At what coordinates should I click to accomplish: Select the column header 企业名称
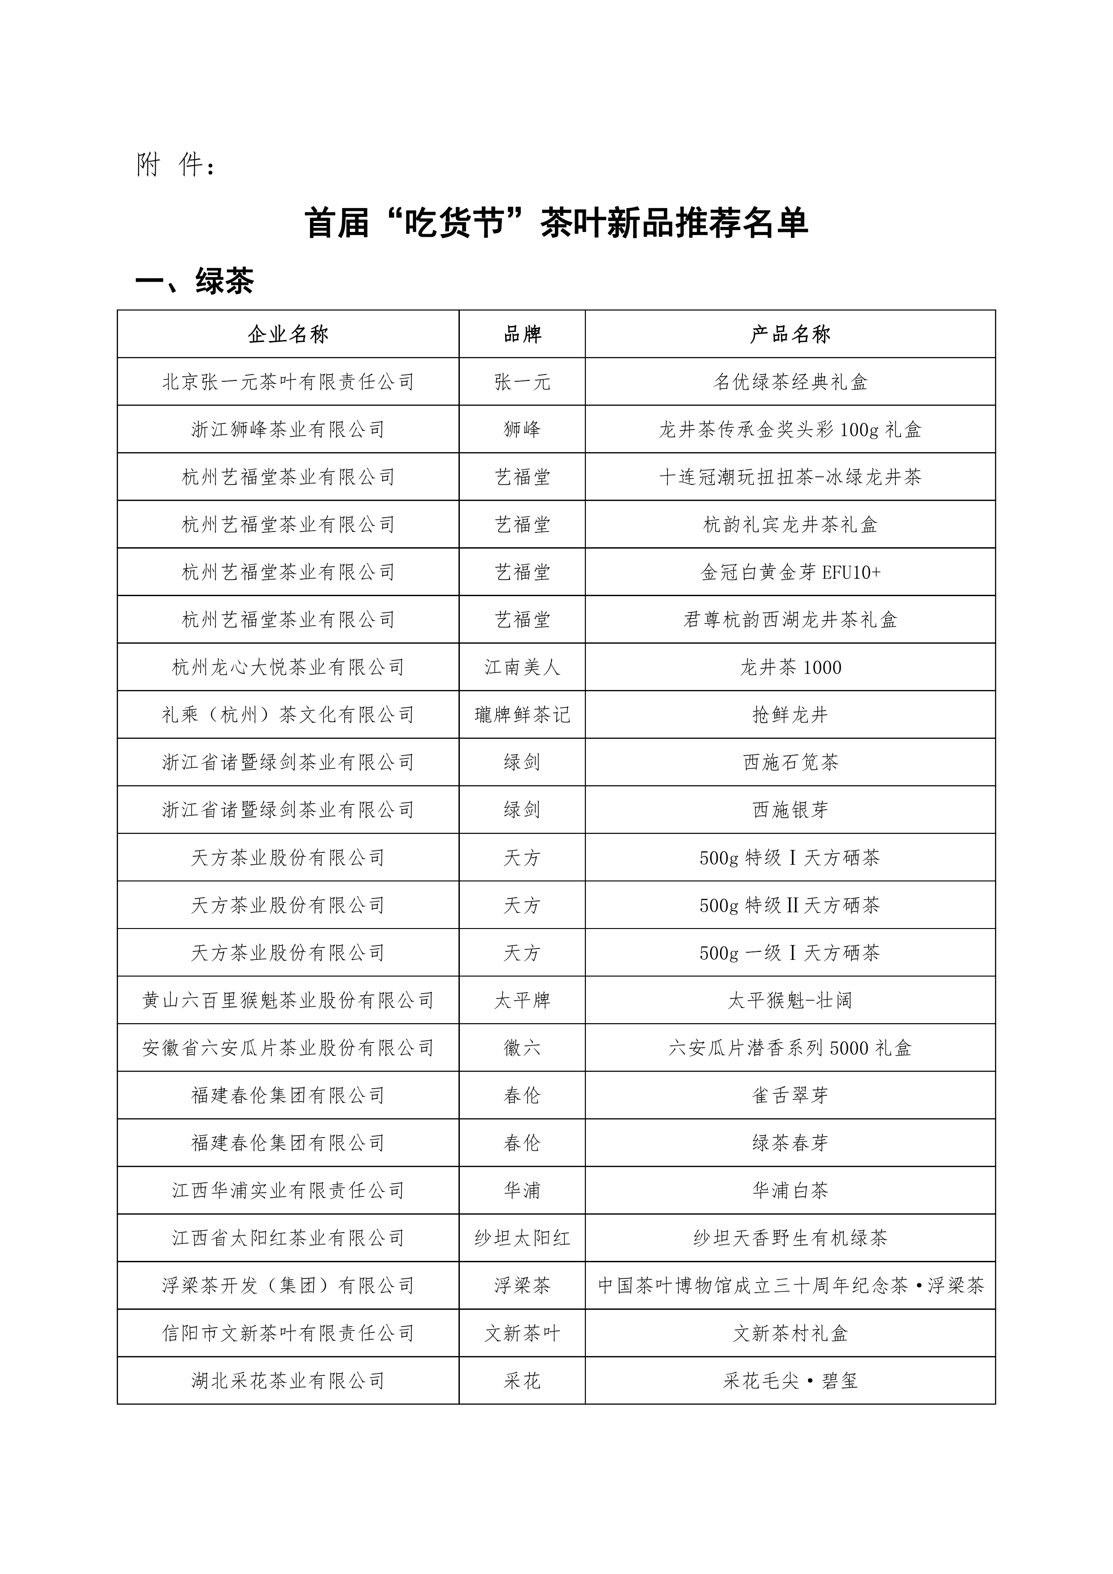(288, 335)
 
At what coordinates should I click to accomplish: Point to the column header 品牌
(522, 335)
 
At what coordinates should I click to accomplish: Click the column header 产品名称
(790, 335)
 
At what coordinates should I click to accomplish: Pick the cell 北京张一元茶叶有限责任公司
(288, 382)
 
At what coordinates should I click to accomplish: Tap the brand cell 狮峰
(522, 430)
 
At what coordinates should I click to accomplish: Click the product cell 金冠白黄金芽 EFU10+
(790, 572)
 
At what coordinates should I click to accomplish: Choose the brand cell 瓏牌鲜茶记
(522, 715)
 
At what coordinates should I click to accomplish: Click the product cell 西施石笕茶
(790, 762)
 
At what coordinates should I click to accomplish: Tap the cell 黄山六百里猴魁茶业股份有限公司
(288, 1001)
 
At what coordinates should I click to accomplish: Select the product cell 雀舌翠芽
(790, 1095)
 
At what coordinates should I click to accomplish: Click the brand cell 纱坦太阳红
(522, 1238)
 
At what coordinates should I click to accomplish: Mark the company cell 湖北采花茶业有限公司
(288, 1381)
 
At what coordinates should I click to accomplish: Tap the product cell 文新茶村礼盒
(790, 1334)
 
